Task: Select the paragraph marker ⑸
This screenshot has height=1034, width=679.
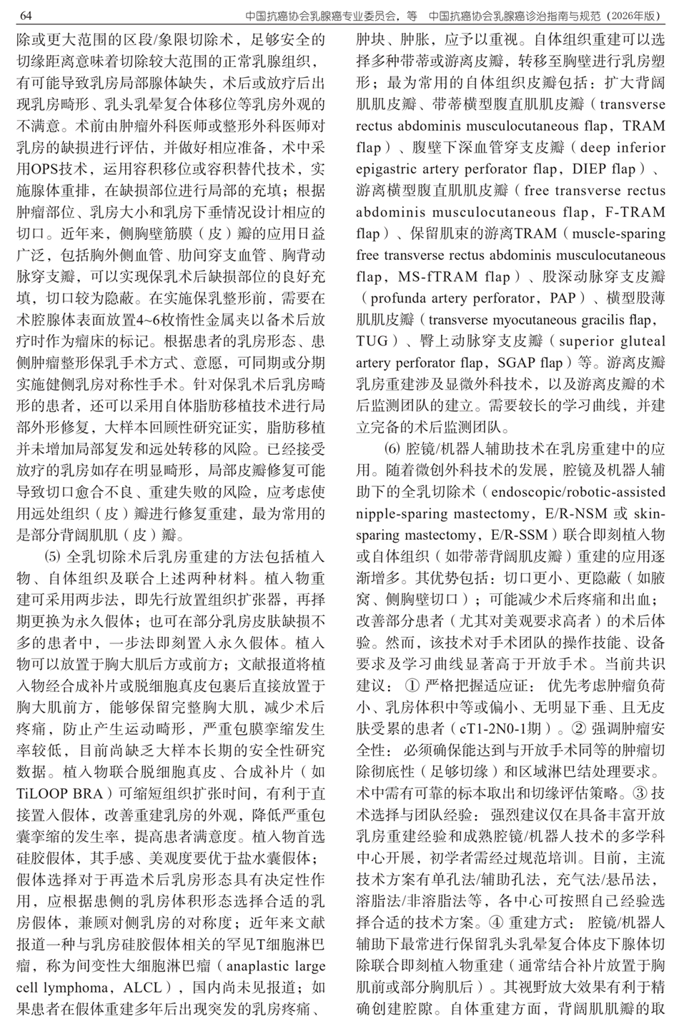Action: (x=54, y=556)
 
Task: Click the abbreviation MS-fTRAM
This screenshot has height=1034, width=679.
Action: (x=433, y=276)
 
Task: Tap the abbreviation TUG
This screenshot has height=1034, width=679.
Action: (x=372, y=341)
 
